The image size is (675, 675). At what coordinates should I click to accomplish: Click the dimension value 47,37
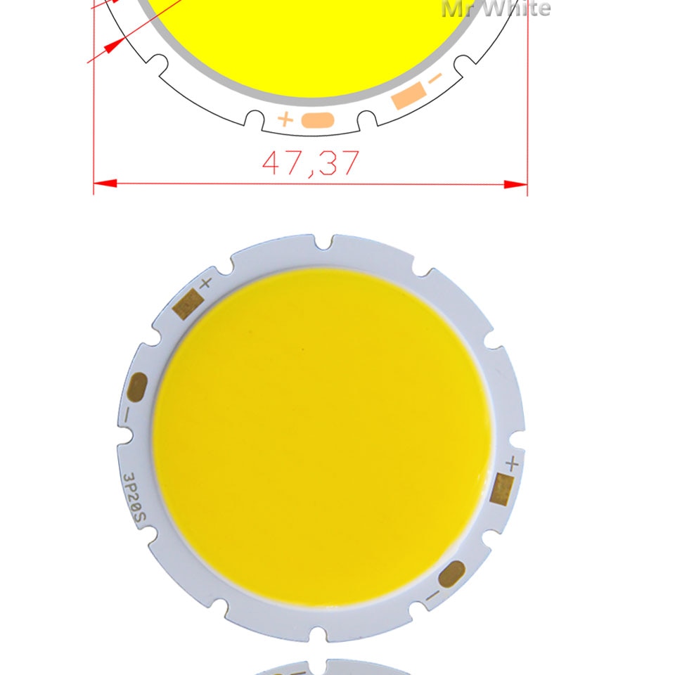coord(310,162)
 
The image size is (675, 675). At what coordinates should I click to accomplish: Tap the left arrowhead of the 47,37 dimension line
coord(105,184)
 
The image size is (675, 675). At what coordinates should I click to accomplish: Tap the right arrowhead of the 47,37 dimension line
coord(516,184)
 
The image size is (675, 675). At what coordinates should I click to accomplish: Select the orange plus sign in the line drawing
coord(285,120)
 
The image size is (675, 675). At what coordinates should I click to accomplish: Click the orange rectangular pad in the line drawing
coord(409,95)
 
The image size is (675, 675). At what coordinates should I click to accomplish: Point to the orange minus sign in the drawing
coord(436,78)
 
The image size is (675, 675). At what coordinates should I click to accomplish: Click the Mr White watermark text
coord(496,8)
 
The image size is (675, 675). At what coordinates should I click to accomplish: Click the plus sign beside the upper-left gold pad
coord(205,283)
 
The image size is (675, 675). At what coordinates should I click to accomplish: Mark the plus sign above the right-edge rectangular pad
coord(513,463)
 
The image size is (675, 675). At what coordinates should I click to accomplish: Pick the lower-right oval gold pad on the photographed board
coord(451,574)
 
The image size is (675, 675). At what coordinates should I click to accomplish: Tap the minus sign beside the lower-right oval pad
coord(432,597)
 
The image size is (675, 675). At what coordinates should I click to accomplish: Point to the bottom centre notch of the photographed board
coord(325,633)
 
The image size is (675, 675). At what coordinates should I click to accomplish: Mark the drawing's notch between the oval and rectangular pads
coord(365,120)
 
